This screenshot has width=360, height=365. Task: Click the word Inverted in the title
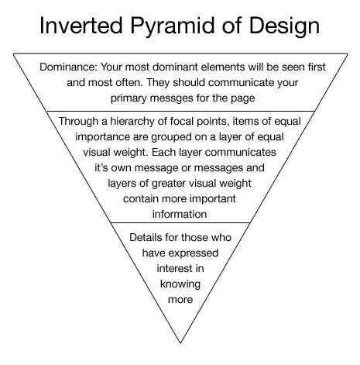click(x=81, y=26)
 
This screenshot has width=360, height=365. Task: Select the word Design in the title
click(x=284, y=27)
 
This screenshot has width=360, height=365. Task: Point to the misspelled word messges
click(x=171, y=98)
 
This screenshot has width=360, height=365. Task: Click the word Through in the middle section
click(x=79, y=122)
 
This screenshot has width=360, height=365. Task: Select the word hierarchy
click(x=132, y=122)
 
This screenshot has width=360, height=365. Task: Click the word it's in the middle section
click(x=101, y=168)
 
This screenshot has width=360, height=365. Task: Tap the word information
click(x=180, y=214)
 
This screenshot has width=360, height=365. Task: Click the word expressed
click(x=194, y=253)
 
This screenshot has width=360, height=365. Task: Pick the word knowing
click(x=180, y=284)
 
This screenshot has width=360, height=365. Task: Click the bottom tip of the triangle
click(x=180, y=343)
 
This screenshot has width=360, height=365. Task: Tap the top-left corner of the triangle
click(x=13, y=53)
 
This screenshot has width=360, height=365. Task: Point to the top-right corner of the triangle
click(x=348, y=53)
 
